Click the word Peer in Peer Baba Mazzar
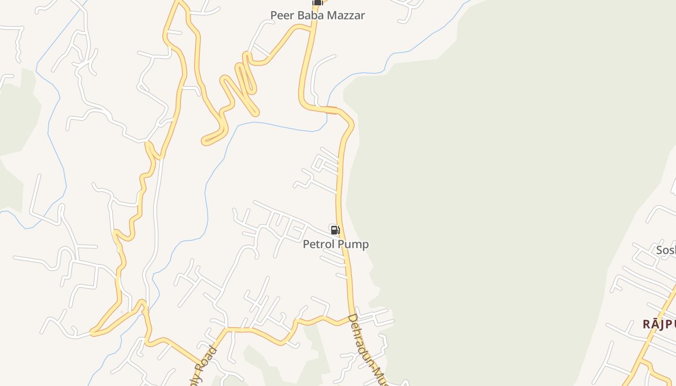[281, 15]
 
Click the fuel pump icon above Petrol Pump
[335, 230]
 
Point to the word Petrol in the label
[318, 245]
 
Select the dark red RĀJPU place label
[659, 324]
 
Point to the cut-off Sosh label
[666, 250]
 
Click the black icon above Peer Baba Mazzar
[317, 2]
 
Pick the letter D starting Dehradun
[352, 318]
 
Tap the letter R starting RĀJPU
[647, 324]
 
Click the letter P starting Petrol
[306, 245]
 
